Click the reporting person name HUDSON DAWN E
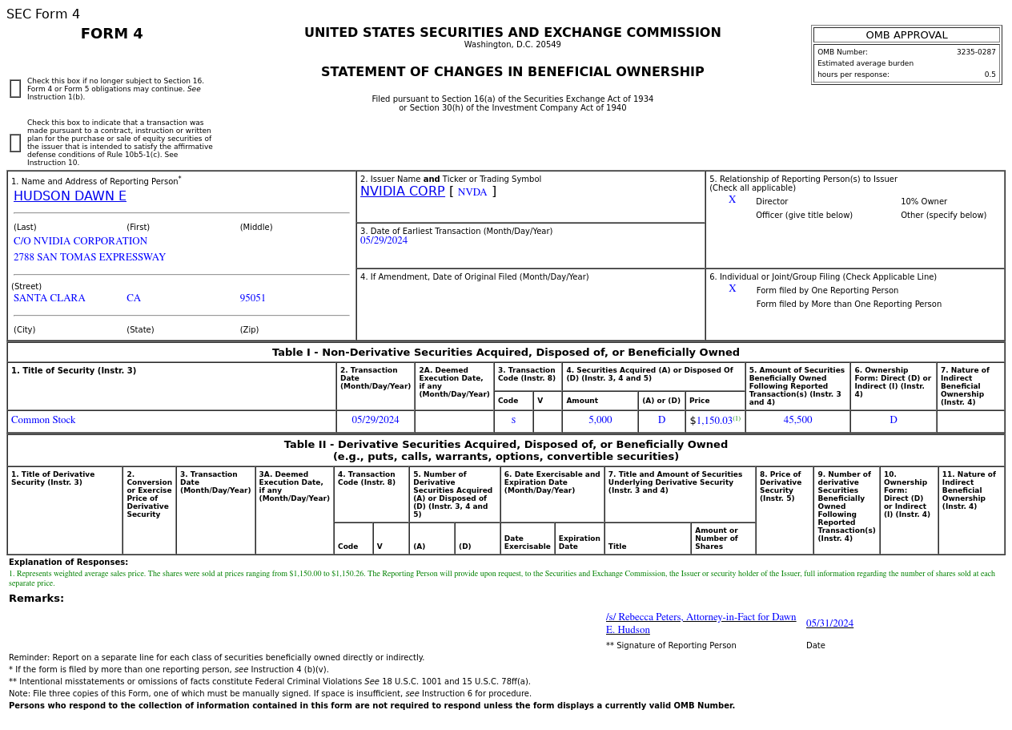tap(70, 196)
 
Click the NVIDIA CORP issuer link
tap(402, 192)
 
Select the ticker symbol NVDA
tap(472, 192)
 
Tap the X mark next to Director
tap(732, 200)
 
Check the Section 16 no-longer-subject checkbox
tap(15, 89)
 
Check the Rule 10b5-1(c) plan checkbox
tap(15, 143)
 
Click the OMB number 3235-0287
tap(975, 52)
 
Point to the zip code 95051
tap(252, 298)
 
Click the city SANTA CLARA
tap(50, 298)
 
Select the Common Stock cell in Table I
tap(43, 420)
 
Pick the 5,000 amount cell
tap(600, 420)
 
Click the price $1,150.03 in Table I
tap(713, 421)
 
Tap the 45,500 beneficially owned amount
tap(797, 420)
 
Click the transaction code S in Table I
tap(513, 420)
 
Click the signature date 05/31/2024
tap(829, 623)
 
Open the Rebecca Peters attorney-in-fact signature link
tap(701, 623)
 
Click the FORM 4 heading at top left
tap(112, 34)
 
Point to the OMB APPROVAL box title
tap(906, 35)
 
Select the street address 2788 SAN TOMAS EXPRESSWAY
tap(90, 257)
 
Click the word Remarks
tap(36, 599)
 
